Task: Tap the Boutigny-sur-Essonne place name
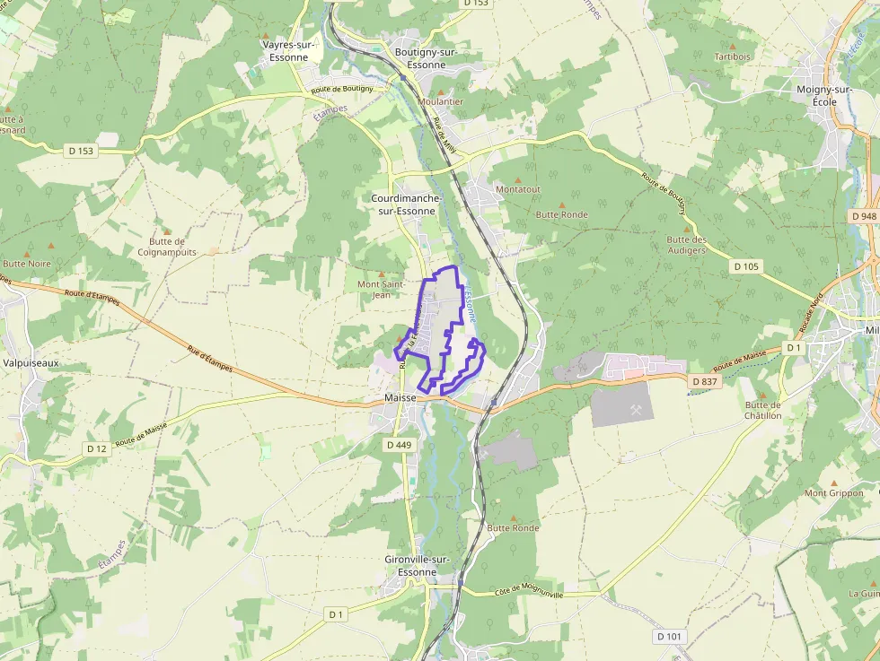(427, 58)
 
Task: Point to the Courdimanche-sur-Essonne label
(403, 204)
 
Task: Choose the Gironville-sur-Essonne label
(417, 566)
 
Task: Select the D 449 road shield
(399, 445)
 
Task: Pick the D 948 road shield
(863, 216)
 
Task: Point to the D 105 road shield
(745, 266)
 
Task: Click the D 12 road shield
(97, 448)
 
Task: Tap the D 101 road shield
(669, 636)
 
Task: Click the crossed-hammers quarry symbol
(637, 409)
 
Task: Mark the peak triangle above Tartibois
(733, 45)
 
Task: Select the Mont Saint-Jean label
(374, 289)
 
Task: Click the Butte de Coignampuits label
(167, 247)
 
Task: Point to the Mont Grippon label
(833, 493)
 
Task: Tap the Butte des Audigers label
(686, 245)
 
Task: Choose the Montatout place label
(518, 189)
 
